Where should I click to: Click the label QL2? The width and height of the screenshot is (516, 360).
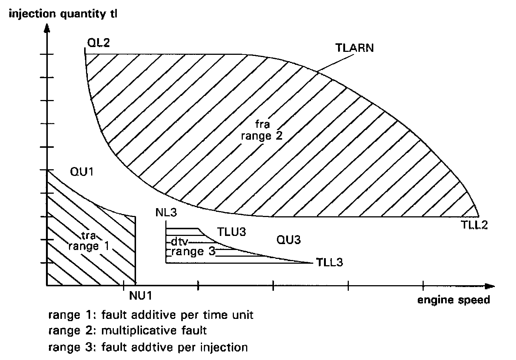tap(98, 43)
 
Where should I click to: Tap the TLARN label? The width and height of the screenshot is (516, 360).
tap(354, 48)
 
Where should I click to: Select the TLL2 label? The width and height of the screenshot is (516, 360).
tap(474, 225)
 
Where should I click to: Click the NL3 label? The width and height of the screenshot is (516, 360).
tap(167, 213)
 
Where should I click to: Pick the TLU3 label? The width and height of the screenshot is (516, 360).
tap(231, 232)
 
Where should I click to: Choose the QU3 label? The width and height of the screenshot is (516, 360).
tap(289, 240)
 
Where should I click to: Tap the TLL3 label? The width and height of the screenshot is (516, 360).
tap(330, 262)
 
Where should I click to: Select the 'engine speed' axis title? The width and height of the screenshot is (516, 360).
tap(454, 300)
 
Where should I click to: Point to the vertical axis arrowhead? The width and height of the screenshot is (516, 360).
tap(47, 29)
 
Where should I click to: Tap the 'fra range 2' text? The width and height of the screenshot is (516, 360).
tap(262, 130)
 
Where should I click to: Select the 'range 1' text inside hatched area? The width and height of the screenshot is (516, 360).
tap(89, 246)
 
